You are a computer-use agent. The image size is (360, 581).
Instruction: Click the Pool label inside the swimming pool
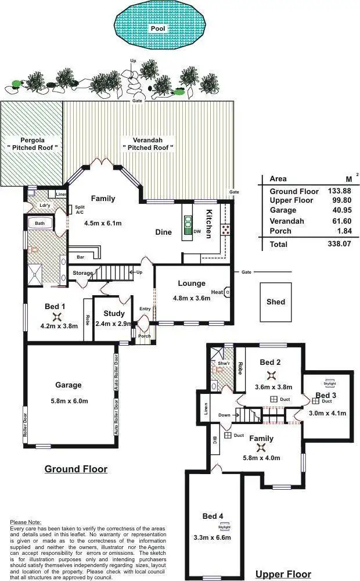point(157,27)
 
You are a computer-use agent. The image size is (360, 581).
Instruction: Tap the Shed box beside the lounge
point(276,302)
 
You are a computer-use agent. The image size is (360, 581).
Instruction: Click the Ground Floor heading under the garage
point(75,469)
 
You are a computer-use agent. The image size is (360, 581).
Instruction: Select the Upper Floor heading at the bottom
point(285,574)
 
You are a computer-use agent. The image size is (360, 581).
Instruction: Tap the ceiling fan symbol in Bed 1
point(57,317)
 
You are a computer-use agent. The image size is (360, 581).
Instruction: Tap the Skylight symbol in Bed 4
point(224,528)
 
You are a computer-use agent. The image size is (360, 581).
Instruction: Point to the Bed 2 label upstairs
point(270,363)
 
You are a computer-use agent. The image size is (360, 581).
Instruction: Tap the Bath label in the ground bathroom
point(39,223)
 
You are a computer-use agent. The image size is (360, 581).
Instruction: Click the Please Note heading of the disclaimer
point(26,522)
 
